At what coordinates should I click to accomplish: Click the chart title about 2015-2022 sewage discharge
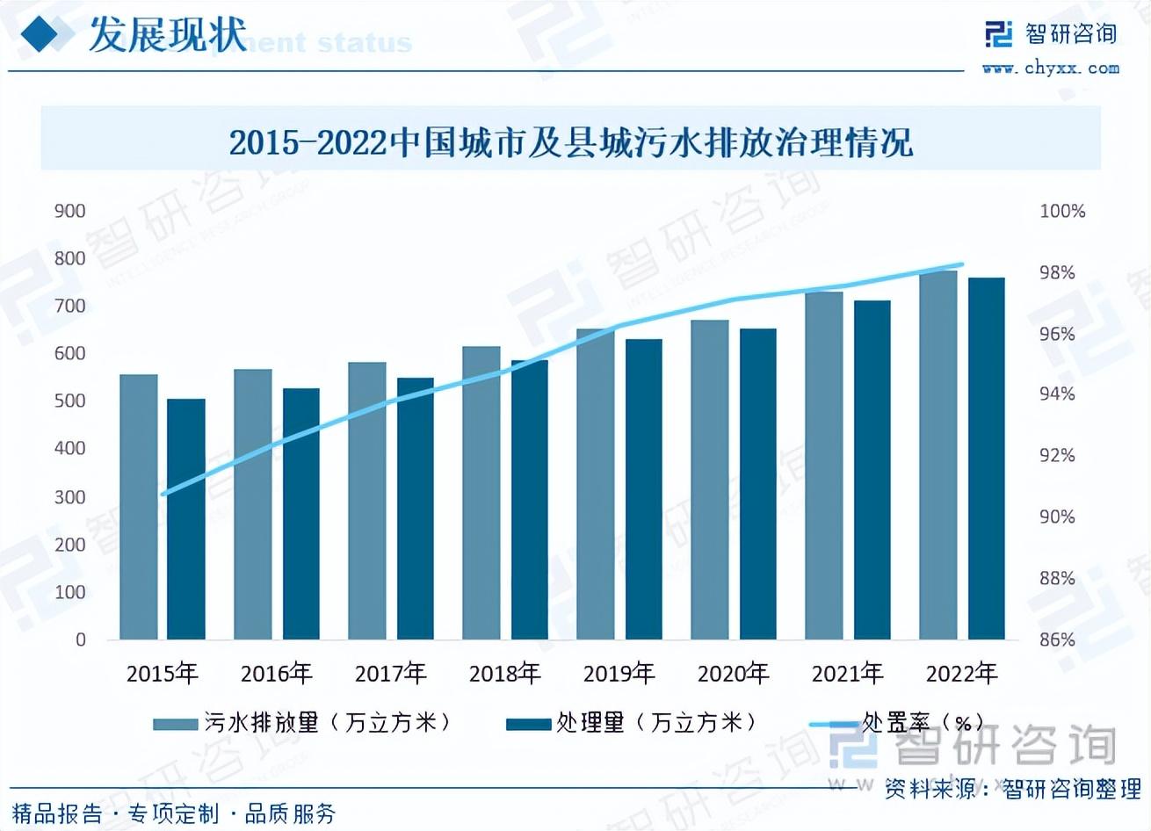[x=571, y=142]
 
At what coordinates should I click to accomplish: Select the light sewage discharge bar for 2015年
[x=139, y=507]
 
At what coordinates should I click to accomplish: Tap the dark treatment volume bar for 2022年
[x=986, y=459]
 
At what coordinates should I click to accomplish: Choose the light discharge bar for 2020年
[x=710, y=480]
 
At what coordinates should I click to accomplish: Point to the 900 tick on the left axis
[x=69, y=211]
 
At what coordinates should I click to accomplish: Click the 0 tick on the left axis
[x=81, y=640]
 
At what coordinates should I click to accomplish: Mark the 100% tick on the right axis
[x=1062, y=211]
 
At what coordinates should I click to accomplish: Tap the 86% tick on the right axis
[x=1057, y=640]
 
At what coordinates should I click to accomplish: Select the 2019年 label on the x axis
[x=619, y=674]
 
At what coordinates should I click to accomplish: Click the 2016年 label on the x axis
[x=276, y=674]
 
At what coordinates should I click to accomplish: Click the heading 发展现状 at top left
[x=168, y=35]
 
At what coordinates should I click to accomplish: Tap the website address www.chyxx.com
[x=1051, y=68]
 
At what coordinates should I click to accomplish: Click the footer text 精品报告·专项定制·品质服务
[x=174, y=813]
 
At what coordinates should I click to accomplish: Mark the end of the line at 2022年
[x=963, y=264]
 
